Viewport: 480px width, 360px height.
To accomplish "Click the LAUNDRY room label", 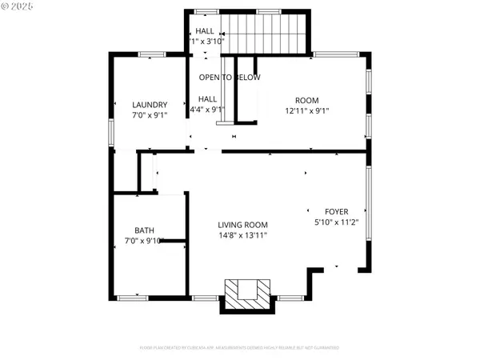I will pos(150,105).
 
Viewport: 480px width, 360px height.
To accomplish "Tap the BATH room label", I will pos(144,229).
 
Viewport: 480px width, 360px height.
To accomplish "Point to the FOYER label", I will pos(337,212).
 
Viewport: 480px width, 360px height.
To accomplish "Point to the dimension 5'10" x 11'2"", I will pos(337,223).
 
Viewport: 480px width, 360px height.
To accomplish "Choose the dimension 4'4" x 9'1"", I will pos(206,111).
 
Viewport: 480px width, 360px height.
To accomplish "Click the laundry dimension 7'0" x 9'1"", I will pos(150,116).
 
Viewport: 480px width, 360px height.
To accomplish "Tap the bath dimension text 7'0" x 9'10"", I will pos(144,240).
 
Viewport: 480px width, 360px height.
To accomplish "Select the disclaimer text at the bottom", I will pos(240,348).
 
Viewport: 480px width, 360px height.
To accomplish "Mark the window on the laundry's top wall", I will pos(150,54).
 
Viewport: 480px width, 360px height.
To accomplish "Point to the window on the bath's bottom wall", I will pos(133,298).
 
